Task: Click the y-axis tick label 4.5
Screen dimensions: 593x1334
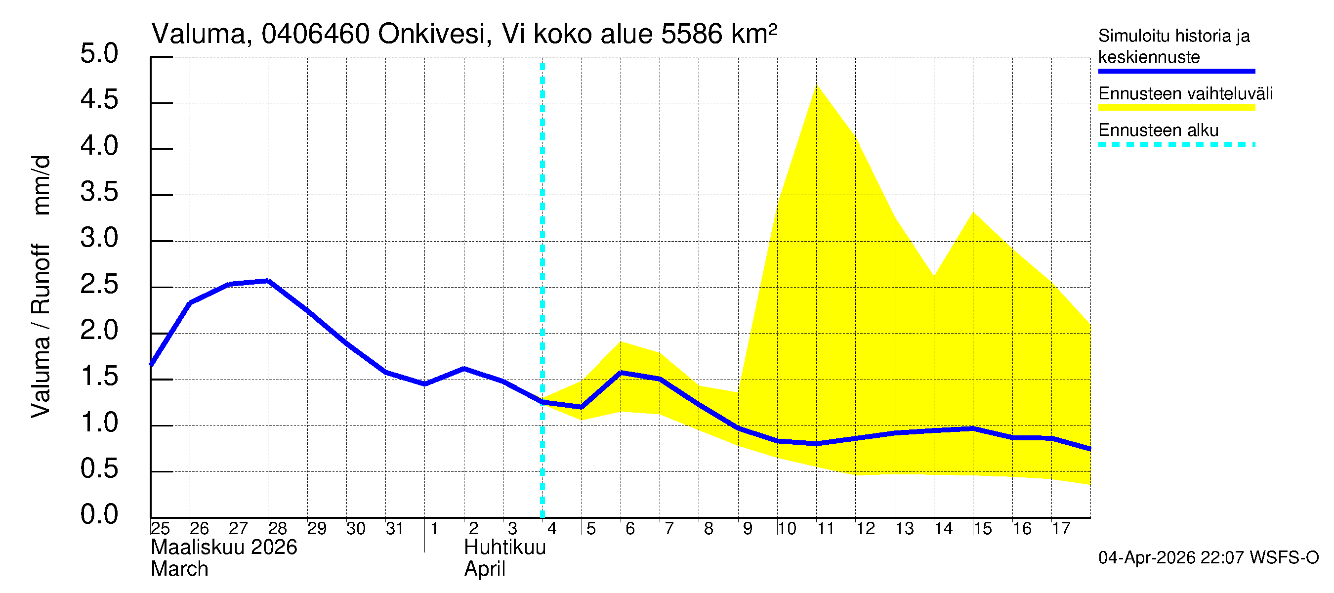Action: click(x=99, y=99)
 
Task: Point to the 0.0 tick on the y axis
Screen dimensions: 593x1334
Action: click(x=99, y=514)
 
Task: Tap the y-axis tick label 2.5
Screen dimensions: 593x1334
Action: click(x=99, y=284)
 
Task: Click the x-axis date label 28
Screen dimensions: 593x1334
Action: click(x=277, y=529)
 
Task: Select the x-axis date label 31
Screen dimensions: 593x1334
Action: click(x=395, y=529)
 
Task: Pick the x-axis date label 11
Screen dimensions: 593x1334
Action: click(x=826, y=529)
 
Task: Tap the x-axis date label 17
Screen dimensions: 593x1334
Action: click(x=1061, y=529)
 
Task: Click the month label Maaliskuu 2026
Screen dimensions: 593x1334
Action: click(x=224, y=548)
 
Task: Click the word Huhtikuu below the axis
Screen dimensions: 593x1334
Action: click(x=504, y=548)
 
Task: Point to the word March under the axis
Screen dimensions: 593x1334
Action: click(x=179, y=569)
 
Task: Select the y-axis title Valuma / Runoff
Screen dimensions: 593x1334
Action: click(x=41, y=332)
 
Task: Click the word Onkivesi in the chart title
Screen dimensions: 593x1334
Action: click(x=432, y=34)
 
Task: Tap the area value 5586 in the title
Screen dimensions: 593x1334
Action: click(x=691, y=34)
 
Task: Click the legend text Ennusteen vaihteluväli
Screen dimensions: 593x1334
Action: click(x=1185, y=94)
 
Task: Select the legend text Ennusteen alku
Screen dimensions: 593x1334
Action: click(x=1158, y=130)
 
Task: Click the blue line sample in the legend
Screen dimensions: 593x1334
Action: click(x=1176, y=71)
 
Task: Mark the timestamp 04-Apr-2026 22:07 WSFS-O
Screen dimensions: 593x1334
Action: click(x=1208, y=558)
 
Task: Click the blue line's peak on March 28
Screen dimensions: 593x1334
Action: click(x=268, y=281)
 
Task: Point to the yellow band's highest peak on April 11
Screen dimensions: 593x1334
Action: click(x=817, y=85)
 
